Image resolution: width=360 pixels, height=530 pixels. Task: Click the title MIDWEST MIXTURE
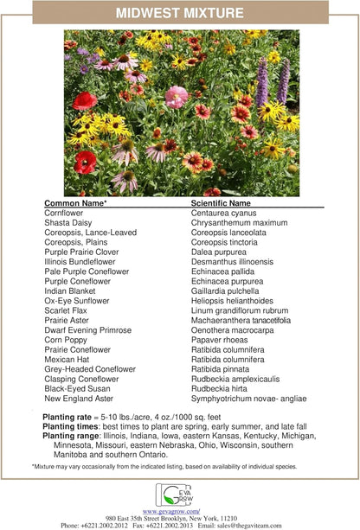[180, 11]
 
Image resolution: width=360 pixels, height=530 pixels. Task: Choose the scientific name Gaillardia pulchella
[228, 291]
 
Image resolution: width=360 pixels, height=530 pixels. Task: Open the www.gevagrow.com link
[179, 510]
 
